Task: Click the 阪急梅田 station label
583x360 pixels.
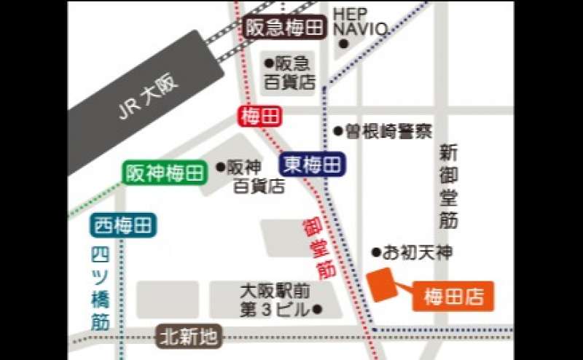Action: (x=283, y=28)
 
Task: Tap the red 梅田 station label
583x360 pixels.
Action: (x=260, y=117)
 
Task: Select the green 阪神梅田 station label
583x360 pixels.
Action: (x=165, y=173)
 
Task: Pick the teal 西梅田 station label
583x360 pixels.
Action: (x=124, y=226)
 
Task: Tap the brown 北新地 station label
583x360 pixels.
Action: (x=189, y=337)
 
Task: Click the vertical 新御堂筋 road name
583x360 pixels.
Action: (x=448, y=186)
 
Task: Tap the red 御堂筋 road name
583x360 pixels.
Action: (x=318, y=248)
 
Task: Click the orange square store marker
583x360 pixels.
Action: (x=383, y=283)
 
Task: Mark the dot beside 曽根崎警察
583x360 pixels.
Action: (x=338, y=132)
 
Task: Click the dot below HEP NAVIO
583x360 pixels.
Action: (x=343, y=45)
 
